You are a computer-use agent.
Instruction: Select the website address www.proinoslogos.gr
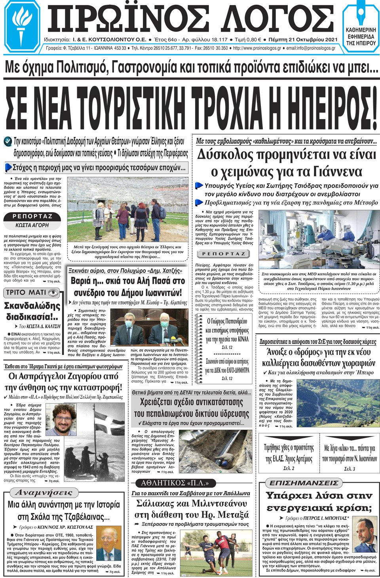pyautogui.click(x=257, y=48)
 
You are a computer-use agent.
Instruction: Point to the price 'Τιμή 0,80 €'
pyautogui.click(x=248, y=40)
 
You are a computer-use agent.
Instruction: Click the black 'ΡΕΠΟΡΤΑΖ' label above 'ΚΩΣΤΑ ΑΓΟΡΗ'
pyautogui.click(x=32, y=216)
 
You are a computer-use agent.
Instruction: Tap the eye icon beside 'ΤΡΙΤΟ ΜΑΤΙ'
pyautogui.click(x=53, y=293)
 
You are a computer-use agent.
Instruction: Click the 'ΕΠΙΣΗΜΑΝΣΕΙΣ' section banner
pyautogui.click(x=304, y=483)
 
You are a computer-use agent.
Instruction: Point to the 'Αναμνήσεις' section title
pyautogui.click(x=44, y=493)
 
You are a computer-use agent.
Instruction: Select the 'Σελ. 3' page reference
pyautogui.click(x=350, y=469)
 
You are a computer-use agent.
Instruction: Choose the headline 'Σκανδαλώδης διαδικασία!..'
pyautogui.click(x=32, y=311)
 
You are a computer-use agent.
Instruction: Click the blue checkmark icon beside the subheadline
pyautogui.click(x=8, y=141)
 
